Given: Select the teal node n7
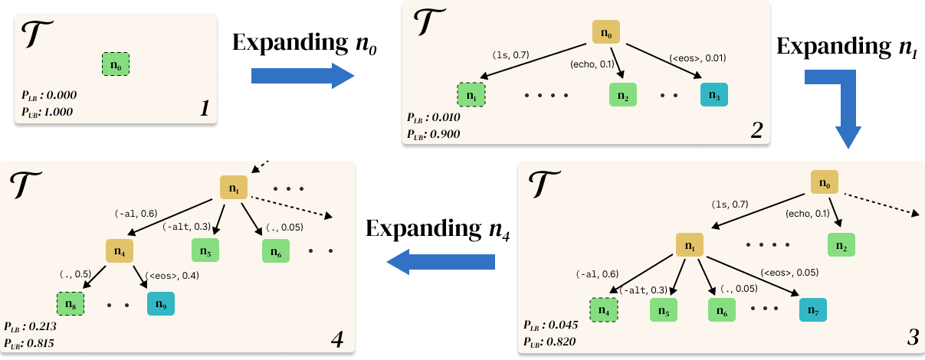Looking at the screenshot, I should pos(812,310).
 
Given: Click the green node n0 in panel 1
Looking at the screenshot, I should pos(116,64).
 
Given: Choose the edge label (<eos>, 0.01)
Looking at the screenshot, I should pos(697,57).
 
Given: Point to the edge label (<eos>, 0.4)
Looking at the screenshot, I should pos(172,276).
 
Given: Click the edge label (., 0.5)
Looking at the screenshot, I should pos(75,273).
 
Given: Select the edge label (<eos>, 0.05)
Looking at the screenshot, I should pos(789,272).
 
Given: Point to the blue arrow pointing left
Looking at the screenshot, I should pos(440,263).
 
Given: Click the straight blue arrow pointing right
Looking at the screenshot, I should pos(302,75).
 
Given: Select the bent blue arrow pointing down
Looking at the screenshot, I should pos(843,107).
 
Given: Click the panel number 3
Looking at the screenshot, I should pos(912,336).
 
